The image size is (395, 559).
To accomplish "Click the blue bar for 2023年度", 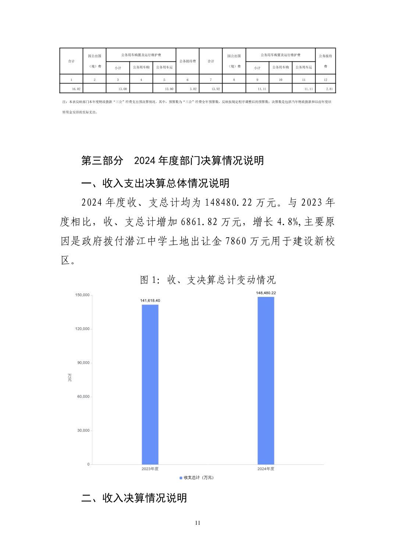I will pos(150,384).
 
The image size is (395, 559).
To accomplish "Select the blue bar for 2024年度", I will pos(266,381).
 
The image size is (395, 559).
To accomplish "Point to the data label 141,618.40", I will pos(150,300).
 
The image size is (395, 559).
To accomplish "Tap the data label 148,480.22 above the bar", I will pos(266,293).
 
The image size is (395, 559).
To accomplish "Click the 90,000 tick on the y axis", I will pos(83,363).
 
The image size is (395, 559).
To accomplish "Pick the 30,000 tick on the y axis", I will pos(83,430).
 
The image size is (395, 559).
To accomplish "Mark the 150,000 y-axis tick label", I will pos(82,295).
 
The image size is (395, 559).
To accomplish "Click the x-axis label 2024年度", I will pos(266,469).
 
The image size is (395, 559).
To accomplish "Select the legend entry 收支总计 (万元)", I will pos(196,477).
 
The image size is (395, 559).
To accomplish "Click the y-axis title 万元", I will pos(70,377).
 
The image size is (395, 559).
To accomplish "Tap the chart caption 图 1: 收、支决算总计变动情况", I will pos(208,280).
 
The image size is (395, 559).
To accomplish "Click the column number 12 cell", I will pos(325,79).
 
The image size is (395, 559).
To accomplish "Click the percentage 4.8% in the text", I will pos(288,222).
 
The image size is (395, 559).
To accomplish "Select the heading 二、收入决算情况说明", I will pos(134,498).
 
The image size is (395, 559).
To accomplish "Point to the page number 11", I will pos(197,523).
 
